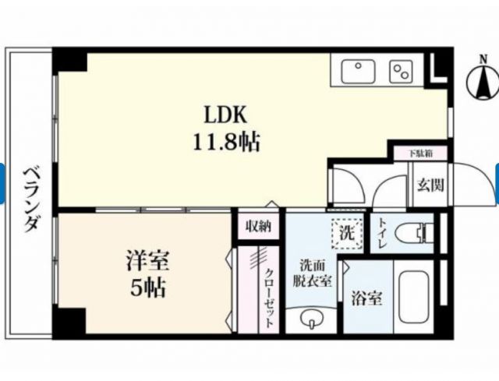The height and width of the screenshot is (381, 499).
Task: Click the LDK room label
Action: pyautogui.click(x=225, y=116)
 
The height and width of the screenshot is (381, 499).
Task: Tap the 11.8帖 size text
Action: pyautogui.click(x=225, y=143)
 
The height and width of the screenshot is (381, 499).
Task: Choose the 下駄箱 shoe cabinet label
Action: pyautogui.click(x=427, y=153)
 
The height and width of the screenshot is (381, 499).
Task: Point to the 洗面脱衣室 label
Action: pyautogui.click(x=312, y=273)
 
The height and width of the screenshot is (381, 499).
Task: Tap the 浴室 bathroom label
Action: pyautogui.click(x=366, y=297)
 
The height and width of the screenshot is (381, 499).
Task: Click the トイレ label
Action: pyautogui.click(x=383, y=233)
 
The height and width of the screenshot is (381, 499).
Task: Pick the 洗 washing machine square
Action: pyautogui.click(x=345, y=233)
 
